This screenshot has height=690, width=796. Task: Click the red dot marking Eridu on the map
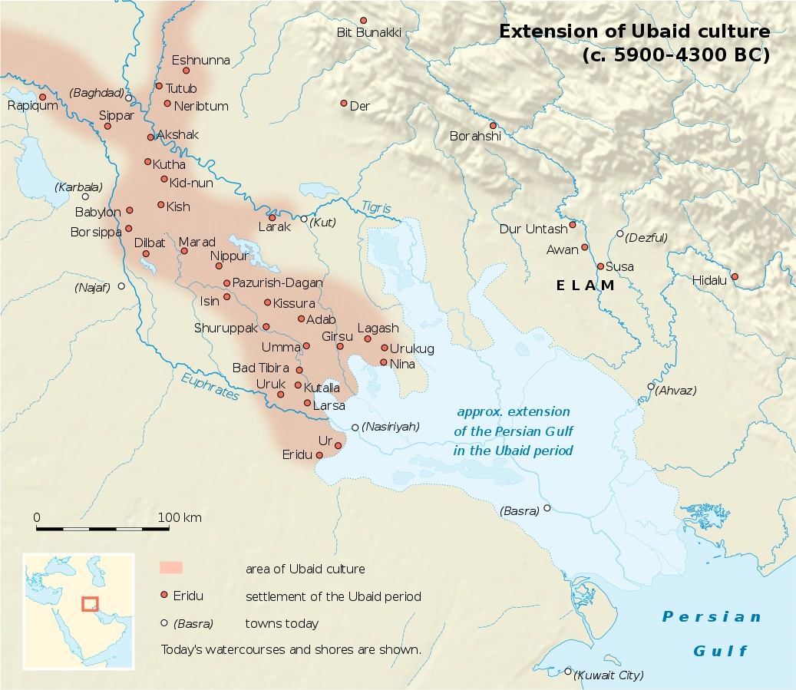[x=319, y=455]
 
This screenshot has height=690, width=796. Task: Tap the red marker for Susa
[x=600, y=266]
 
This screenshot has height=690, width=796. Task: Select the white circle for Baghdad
[x=129, y=98]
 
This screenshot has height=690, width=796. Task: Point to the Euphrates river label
[x=210, y=386]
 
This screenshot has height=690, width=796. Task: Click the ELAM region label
[x=586, y=286]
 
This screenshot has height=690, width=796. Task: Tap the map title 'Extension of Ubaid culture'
[x=634, y=31]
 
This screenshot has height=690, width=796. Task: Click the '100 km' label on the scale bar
[x=180, y=517]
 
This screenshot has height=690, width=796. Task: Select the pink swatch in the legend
[x=170, y=568]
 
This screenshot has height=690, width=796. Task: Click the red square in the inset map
[x=90, y=604]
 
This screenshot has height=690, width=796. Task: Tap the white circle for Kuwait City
[x=568, y=671]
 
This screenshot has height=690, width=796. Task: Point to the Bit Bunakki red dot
[x=363, y=20]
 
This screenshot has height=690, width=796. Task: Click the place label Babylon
[x=97, y=212]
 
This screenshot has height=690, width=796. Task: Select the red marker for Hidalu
[x=735, y=276]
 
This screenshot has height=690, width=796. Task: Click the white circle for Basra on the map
[x=547, y=508]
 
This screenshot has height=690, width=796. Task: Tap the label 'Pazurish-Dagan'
[x=277, y=282]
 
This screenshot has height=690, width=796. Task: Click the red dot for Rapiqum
[x=43, y=97]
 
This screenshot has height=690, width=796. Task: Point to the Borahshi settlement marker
[x=493, y=126]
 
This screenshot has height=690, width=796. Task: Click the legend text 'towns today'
[x=282, y=623]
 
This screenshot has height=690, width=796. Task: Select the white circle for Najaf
[x=121, y=286]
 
